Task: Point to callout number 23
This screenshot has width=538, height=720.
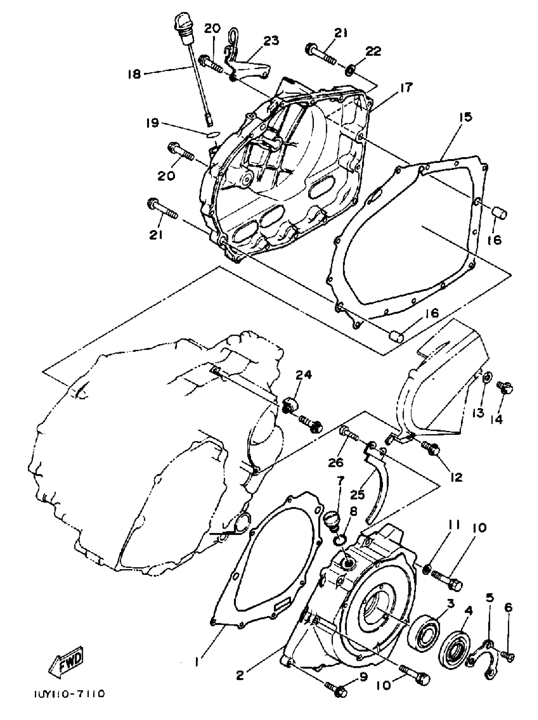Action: point(271,41)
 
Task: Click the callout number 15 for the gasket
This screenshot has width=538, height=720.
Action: point(466,117)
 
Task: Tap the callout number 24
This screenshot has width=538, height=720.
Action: point(303,375)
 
